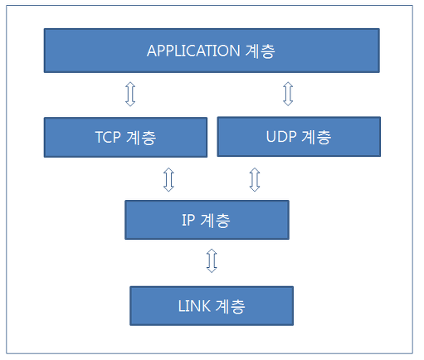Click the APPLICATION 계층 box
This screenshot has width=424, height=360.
click(x=212, y=51)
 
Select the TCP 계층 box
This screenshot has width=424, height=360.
click(x=125, y=138)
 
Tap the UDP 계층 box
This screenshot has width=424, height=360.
click(x=299, y=137)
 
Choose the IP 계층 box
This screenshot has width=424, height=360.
click(x=207, y=220)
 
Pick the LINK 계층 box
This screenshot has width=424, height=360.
click(x=212, y=306)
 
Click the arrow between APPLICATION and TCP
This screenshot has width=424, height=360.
click(x=129, y=94)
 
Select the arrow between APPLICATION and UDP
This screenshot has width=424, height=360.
click(x=288, y=93)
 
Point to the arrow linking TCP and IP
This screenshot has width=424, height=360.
click(x=168, y=178)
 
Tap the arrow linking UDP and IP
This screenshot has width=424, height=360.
click(x=255, y=178)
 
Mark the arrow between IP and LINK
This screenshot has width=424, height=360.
click(x=212, y=262)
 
